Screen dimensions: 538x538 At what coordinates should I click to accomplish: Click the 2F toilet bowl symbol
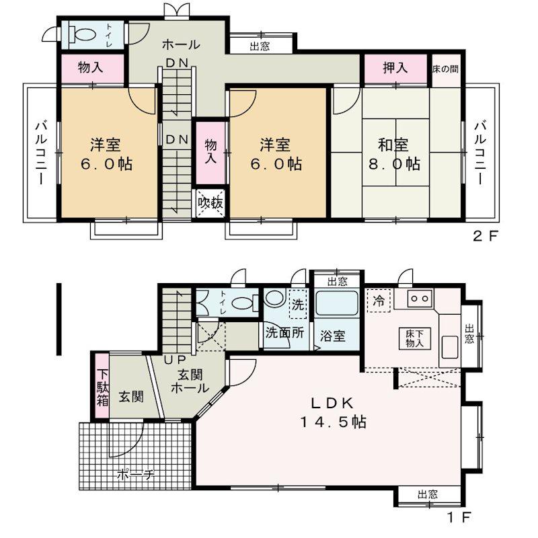83,34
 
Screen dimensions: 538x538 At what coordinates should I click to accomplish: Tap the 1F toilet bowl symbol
245,303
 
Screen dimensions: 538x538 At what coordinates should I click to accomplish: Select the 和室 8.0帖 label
394,155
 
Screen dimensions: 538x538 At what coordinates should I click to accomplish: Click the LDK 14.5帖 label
333,413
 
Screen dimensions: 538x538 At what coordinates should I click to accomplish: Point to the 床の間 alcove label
445,69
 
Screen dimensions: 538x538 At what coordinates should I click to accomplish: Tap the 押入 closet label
395,68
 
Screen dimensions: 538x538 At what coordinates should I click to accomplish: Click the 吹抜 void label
210,203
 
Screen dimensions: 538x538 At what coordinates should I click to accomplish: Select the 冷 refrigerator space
379,301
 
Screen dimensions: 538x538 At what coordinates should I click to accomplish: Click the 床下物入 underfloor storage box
414,338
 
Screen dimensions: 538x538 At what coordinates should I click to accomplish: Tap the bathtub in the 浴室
337,303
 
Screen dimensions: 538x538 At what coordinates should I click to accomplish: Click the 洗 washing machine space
297,304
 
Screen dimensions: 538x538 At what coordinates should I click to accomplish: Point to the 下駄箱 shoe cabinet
102,386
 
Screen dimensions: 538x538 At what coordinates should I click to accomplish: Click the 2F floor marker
485,236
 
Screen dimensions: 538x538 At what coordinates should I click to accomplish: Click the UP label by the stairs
175,360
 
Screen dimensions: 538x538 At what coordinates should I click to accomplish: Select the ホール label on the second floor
181,44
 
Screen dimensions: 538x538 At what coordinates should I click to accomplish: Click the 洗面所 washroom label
284,333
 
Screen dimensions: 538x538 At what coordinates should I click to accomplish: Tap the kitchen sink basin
449,347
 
